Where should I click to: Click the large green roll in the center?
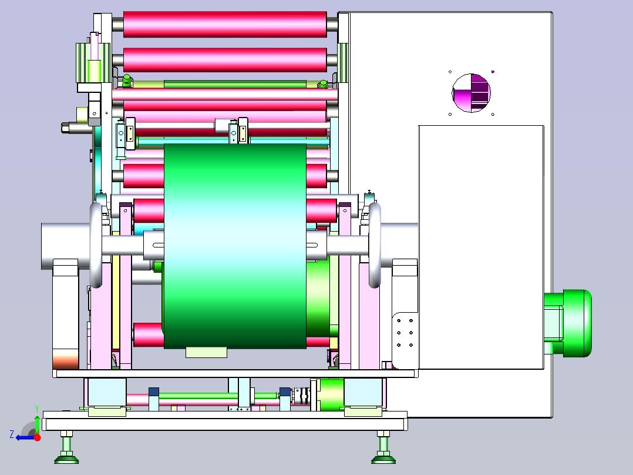tap(235, 246)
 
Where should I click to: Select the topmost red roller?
tap(225, 24)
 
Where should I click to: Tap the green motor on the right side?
tap(567, 323)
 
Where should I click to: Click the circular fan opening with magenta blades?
tap(471, 93)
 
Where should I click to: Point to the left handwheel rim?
tap(96, 245)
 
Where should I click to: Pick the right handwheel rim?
tap(375, 245)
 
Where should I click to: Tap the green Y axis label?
tap(37, 409)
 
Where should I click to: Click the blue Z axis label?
tap(12, 434)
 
